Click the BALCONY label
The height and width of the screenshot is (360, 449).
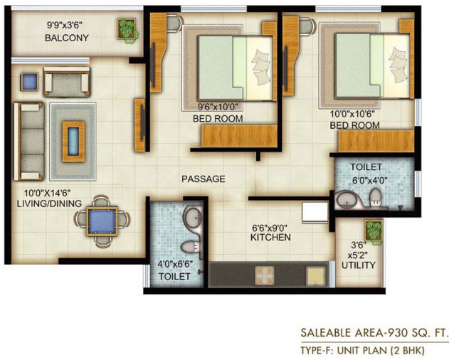(x=67, y=38)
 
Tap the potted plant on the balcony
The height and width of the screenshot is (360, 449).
(x=127, y=29)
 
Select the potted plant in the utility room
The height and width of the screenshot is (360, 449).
(x=374, y=231)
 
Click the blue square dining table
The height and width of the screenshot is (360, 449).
(x=102, y=221)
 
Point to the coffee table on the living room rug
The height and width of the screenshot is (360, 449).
(x=73, y=141)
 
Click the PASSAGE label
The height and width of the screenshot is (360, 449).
(x=204, y=179)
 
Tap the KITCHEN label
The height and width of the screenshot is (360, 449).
(x=270, y=238)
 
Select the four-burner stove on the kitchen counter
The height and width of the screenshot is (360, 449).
(x=265, y=276)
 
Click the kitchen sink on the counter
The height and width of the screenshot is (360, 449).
(x=316, y=276)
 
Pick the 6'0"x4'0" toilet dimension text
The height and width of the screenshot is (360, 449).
(x=370, y=181)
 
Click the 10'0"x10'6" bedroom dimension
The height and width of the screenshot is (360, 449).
(x=352, y=114)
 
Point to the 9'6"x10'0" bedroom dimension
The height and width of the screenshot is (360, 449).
(x=218, y=107)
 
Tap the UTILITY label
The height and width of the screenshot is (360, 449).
(x=359, y=265)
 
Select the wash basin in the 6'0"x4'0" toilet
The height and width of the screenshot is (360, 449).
(x=347, y=200)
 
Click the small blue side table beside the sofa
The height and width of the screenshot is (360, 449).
(x=29, y=82)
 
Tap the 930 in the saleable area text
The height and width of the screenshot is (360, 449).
(x=398, y=332)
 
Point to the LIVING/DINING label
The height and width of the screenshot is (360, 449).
(x=49, y=203)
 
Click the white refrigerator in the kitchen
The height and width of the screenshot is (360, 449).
(x=315, y=212)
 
